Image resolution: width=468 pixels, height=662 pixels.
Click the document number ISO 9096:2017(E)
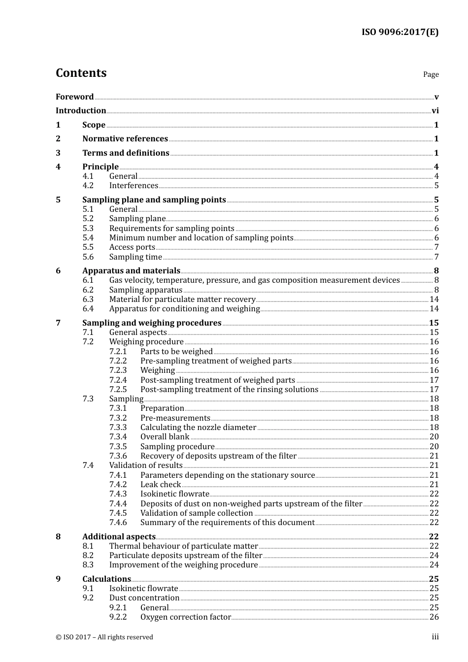400,33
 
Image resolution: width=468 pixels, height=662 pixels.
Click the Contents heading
81,73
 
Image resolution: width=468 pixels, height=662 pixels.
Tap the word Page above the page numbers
431,74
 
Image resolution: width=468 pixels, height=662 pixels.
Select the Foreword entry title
74,97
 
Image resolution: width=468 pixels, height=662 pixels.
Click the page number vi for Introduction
435,111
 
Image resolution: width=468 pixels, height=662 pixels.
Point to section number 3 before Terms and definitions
58,153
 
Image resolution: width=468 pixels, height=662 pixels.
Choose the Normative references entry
125,139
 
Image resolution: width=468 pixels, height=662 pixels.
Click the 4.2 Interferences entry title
134,186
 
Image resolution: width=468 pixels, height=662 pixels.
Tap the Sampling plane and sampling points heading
154,200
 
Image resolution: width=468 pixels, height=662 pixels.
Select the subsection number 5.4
88,238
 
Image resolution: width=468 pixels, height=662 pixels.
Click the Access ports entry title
132,247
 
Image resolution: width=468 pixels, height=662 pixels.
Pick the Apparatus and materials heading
131,271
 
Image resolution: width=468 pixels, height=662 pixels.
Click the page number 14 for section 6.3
434,299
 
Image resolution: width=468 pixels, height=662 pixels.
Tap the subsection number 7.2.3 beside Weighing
118,370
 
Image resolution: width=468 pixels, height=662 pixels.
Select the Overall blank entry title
165,437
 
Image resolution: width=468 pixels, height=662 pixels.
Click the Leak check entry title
161,485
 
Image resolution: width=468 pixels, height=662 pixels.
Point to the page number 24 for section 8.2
434,556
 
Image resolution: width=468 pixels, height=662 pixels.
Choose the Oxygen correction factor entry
185,617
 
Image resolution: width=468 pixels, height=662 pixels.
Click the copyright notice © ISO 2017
104,637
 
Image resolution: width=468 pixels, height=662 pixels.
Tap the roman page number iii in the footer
435,637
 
